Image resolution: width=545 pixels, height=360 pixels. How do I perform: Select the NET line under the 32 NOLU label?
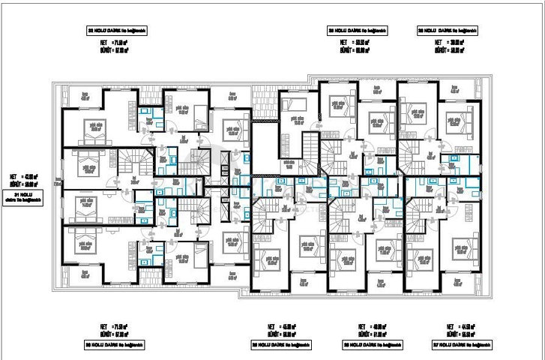coord(115,43)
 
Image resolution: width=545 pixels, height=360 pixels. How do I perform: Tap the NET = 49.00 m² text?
coord(370,326)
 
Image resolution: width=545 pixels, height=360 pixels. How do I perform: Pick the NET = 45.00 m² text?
coord(282,326)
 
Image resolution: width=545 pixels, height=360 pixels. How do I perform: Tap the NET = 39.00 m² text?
coord(448,43)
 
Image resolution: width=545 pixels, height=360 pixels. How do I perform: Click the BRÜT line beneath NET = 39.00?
coord(448,50)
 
